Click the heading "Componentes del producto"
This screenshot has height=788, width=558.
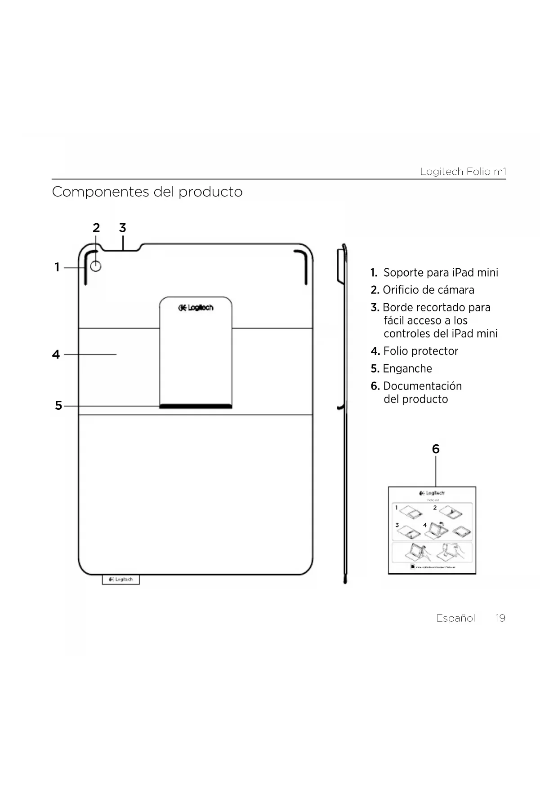(147, 192)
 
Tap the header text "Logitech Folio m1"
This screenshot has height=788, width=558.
(463, 172)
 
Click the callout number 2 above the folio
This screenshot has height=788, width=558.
(96, 228)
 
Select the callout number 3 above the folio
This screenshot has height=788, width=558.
(122, 228)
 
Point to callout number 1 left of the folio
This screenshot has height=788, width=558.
(57, 267)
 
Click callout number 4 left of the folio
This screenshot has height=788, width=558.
(56, 354)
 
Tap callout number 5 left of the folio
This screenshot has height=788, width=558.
(58, 406)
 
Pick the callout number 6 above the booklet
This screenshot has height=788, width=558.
(436, 449)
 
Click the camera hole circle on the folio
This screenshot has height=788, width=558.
(96, 267)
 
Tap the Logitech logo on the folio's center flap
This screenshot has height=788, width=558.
(196, 308)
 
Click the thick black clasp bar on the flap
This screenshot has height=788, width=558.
(196, 406)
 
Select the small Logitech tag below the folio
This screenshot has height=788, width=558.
(121, 580)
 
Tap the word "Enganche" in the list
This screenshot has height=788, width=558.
(407, 369)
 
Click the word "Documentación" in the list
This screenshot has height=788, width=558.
(422, 386)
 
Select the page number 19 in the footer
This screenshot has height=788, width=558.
(500, 618)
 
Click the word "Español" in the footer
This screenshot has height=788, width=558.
(455, 618)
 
